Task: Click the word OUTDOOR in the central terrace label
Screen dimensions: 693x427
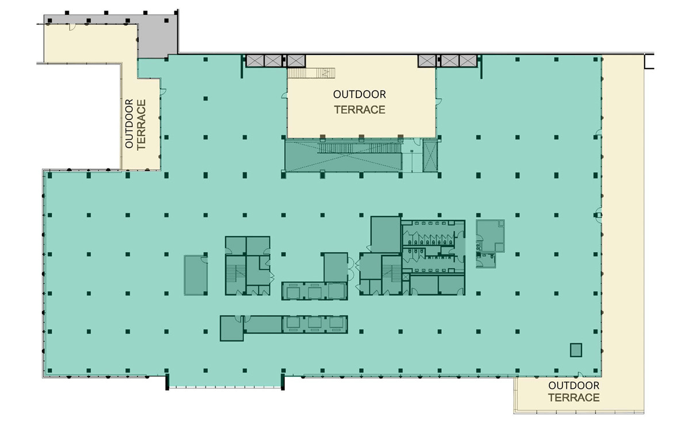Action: (359, 94)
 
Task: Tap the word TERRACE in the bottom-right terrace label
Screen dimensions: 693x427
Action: (574, 398)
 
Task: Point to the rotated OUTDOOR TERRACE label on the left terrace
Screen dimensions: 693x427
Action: (135, 124)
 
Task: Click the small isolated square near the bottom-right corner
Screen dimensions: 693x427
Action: (576, 350)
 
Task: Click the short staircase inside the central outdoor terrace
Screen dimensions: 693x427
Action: (311, 73)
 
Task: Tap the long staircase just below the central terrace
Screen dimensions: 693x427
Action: (360, 148)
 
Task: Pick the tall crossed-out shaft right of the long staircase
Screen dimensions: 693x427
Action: (430, 156)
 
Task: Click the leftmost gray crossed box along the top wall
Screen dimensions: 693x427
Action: (255, 61)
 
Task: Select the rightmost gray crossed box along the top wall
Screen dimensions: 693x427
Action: (468, 61)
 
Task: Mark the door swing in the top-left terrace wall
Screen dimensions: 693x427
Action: (72, 27)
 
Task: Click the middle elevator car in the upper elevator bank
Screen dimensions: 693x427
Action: (315, 292)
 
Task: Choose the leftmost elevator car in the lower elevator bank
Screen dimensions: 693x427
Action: (293, 323)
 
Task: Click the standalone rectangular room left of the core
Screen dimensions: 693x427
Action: (196, 275)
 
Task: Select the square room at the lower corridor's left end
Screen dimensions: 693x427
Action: (232, 328)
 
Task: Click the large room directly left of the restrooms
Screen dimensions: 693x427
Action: (386, 234)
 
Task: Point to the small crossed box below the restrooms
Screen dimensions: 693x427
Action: (405, 277)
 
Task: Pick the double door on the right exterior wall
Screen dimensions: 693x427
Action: (598, 215)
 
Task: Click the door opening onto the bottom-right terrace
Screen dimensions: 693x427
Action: (580, 375)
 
